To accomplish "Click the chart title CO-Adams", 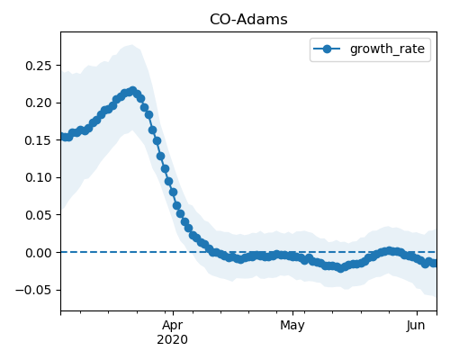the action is (x=248, y=20).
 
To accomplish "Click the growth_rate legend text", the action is (x=387, y=49).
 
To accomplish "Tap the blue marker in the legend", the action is (x=327, y=49).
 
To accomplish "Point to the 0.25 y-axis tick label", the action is (x=38, y=66).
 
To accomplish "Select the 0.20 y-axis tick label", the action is (x=38, y=103).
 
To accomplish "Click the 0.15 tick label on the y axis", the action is (x=38, y=140).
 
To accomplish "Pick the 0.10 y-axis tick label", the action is (x=38, y=177).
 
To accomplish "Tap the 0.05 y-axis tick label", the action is (x=38, y=215).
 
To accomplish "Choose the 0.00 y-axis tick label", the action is (x=38, y=253).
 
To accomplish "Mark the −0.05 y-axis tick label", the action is (x=33, y=290).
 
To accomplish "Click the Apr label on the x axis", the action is (x=173, y=326).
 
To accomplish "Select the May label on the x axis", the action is (x=292, y=326).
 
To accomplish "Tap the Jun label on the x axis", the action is (x=416, y=326).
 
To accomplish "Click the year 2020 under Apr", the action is (x=173, y=339).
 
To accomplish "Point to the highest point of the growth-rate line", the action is (x=132, y=90).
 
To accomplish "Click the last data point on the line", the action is (x=434, y=264).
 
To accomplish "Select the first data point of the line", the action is (x=63, y=137).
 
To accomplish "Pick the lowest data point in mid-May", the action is (x=340, y=268).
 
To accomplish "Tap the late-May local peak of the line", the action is (x=389, y=251).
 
